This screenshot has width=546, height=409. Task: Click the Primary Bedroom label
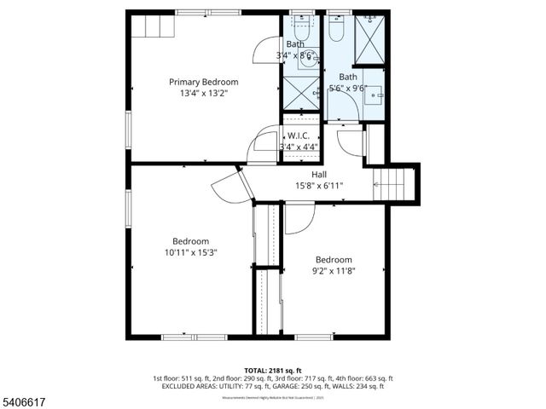click(203, 82)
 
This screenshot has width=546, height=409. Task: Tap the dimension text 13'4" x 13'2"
click(203, 94)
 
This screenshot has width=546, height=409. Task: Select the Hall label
click(318, 175)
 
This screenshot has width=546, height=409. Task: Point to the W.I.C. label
click(298, 135)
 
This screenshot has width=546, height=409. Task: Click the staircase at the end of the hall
click(395, 182)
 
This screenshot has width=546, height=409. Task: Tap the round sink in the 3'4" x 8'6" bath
click(306, 60)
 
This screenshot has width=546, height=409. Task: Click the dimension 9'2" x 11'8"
click(333, 271)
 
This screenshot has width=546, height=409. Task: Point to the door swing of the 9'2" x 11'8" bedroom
click(299, 219)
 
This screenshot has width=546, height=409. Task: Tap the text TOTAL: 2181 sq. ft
click(273, 369)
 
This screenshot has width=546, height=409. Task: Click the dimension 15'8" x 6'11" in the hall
click(318, 186)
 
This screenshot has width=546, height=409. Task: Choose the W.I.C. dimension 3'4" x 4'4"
click(299, 147)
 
